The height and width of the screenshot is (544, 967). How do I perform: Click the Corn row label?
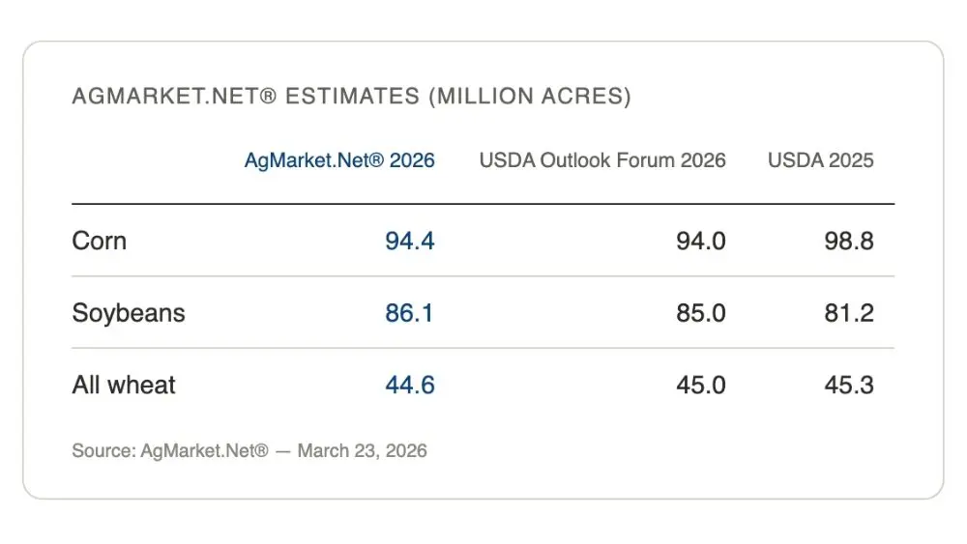pos(99,241)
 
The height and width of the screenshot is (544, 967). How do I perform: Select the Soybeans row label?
pos(129,313)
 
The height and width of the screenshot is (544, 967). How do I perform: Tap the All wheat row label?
pos(124,386)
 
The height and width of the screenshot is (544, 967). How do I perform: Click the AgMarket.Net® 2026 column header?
pos(339,160)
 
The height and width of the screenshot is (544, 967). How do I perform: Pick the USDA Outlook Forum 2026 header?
pos(602,160)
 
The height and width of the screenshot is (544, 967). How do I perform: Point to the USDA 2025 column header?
pos(820,160)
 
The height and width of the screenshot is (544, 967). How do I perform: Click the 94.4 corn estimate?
pos(410,241)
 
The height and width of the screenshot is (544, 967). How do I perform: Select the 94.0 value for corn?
pos(701,241)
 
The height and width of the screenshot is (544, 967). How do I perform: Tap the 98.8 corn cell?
pos(849,241)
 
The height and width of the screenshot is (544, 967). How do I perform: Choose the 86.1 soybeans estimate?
pos(410,313)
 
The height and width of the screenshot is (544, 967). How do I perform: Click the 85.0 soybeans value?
pos(701,313)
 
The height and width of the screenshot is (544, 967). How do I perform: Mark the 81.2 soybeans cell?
pos(849,313)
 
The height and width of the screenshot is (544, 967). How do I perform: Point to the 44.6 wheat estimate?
pos(410,386)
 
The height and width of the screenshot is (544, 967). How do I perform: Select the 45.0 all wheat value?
pos(701,386)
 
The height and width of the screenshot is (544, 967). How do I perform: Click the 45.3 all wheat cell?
pos(849,386)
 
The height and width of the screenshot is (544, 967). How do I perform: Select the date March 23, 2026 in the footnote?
pos(362,451)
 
